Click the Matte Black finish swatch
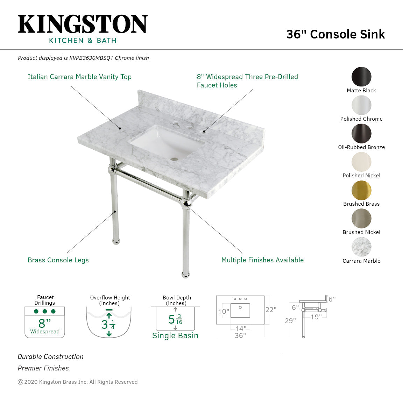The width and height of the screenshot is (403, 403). (361, 77)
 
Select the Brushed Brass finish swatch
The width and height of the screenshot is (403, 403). (361, 190)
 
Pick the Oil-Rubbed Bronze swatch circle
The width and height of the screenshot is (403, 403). (361, 134)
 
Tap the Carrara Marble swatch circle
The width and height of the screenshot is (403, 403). (361, 247)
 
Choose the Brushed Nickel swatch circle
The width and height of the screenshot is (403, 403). (361, 219)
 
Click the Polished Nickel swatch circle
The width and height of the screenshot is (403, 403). (361, 162)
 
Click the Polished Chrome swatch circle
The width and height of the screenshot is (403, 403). (361, 105)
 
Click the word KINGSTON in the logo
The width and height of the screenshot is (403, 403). (83, 24)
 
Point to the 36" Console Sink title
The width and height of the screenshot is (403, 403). (335, 34)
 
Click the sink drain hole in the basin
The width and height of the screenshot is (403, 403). (174, 160)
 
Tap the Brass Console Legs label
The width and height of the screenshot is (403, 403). (58, 260)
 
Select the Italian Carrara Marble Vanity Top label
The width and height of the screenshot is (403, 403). (79, 77)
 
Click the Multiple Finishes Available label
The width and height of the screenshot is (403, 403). (262, 260)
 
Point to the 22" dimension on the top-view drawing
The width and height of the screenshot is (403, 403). (271, 310)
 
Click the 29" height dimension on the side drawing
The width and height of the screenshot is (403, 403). (290, 321)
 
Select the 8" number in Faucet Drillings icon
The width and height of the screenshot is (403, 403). (44, 323)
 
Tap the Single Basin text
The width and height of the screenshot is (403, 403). (175, 335)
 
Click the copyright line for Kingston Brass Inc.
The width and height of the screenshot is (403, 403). (78, 382)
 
